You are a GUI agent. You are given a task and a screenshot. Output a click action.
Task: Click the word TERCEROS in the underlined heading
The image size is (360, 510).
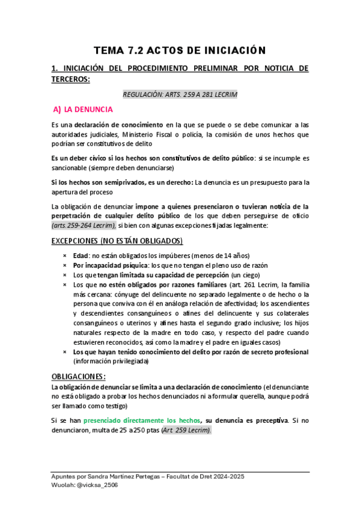(71, 79)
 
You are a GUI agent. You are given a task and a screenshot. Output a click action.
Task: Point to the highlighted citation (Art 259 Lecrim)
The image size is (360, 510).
(186, 430)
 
